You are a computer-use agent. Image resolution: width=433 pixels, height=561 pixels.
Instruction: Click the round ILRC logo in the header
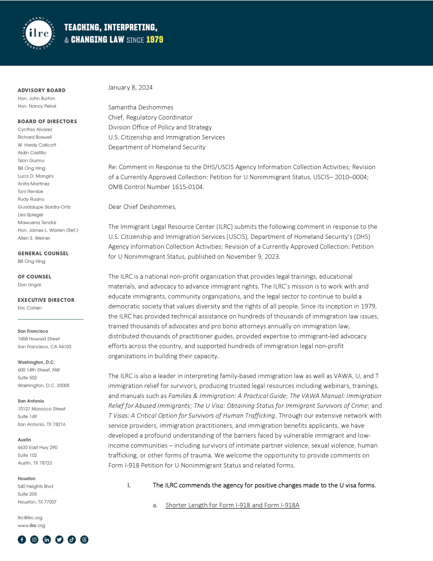coord(39,33)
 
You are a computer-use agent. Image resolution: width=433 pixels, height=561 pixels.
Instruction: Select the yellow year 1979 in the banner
coord(155,40)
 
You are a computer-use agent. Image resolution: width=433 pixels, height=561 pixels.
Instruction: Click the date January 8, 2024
coord(130,88)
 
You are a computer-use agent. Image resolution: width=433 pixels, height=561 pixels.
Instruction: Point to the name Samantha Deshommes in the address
coord(141,108)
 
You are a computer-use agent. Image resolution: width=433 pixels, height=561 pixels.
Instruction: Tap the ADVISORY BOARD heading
coord(42,90)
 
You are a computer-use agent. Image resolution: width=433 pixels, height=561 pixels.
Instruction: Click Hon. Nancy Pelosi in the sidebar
coord(37,106)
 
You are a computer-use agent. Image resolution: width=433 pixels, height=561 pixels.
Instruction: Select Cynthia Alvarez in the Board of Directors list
coord(35,130)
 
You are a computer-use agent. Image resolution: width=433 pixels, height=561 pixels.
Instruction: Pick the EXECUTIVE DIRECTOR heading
coord(46,300)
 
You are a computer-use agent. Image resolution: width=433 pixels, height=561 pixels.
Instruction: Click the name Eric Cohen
coord(29,308)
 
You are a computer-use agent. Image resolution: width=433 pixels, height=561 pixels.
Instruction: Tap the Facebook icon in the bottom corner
coord(22,539)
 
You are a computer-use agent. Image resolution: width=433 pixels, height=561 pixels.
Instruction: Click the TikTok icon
coord(72,539)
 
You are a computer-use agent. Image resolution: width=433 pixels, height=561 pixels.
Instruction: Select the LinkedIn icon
coord(47,539)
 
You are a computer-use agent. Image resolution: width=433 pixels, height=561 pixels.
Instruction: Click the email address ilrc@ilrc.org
coord(30,518)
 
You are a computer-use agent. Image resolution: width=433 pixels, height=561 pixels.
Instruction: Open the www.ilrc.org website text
coord(31,525)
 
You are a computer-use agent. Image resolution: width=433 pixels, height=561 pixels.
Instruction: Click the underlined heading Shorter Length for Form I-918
coord(232,505)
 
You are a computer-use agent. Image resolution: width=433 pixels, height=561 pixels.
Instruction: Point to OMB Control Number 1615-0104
coord(156,187)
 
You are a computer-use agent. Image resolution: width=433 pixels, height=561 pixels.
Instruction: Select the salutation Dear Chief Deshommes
coord(142,207)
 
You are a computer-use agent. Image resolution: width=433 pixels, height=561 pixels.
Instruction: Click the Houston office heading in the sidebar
coord(26,479)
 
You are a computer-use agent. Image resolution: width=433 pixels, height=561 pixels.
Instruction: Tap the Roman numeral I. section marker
coord(129,485)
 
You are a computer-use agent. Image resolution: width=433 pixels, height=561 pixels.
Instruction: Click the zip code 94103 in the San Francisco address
coord(65,347)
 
